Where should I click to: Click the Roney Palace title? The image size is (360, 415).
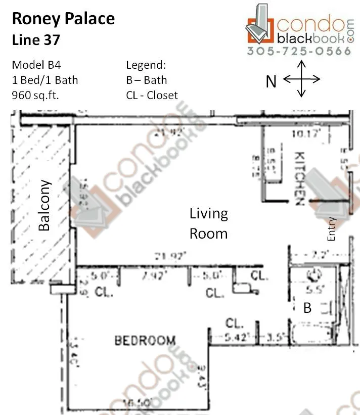click(63, 19)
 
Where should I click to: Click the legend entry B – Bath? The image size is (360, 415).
click(146, 80)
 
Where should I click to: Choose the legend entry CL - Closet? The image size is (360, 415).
click(152, 95)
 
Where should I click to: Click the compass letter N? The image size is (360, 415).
click(271, 81)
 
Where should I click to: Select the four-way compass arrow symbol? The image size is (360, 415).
click(301, 79)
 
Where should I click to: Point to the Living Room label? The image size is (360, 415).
click(208, 223)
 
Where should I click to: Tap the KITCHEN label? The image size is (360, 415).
click(298, 178)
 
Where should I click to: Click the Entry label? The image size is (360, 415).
click(332, 228)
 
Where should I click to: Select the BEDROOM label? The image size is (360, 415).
click(145, 341)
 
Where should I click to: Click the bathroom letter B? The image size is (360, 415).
click(307, 308)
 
